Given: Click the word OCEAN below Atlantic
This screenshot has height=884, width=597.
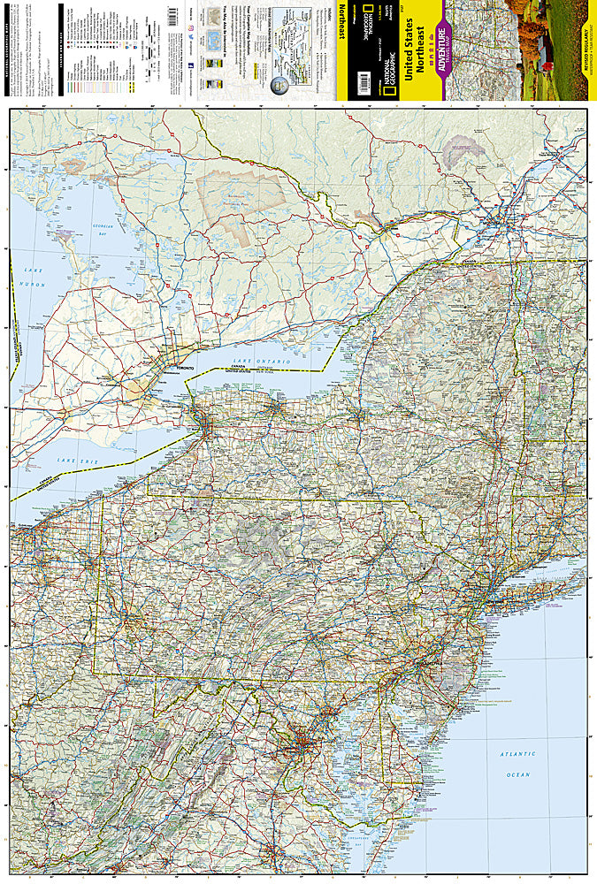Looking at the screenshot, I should (x=517, y=774).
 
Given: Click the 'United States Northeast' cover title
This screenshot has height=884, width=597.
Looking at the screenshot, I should (x=413, y=53).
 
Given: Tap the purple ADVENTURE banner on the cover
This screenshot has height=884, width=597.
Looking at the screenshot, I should (x=438, y=53).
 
